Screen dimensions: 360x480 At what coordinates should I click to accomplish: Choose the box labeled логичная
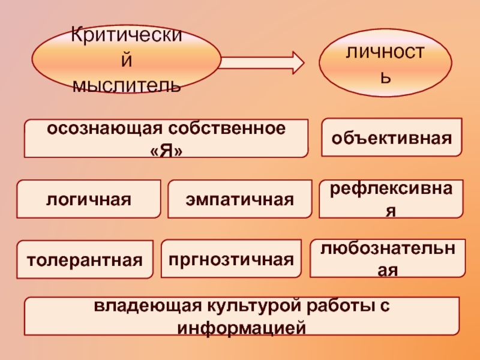point(88,199)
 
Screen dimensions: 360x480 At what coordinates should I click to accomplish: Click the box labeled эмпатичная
point(239,199)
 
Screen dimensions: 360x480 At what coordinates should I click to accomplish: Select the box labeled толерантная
point(84,260)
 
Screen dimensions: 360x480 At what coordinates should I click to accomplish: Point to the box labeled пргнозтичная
point(231,259)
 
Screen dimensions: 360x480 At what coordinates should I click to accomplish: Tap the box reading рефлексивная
point(391,199)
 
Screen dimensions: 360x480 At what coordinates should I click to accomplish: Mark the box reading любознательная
point(388,259)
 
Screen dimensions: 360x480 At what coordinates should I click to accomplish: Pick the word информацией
point(242,328)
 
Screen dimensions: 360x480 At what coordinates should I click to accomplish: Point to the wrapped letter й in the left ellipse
point(126,61)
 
